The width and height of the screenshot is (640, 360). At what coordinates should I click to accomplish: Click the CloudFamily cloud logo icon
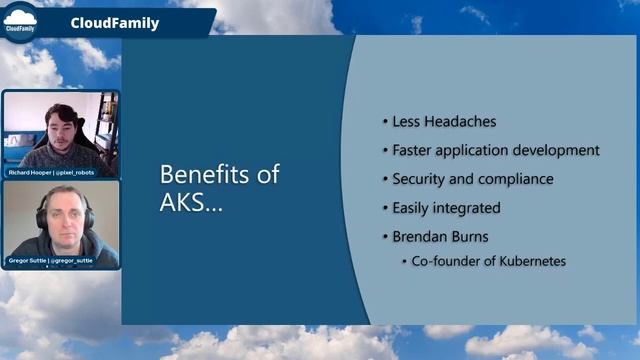pyautogui.click(x=22, y=20)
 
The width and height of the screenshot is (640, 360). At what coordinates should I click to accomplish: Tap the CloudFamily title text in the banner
pyautogui.click(x=115, y=23)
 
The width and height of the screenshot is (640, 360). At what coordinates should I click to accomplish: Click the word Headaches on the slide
pyautogui.click(x=460, y=122)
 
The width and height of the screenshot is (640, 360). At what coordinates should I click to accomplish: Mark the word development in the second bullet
pyautogui.click(x=555, y=150)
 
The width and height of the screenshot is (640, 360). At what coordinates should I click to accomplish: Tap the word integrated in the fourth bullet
pyautogui.click(x=464, y=208)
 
